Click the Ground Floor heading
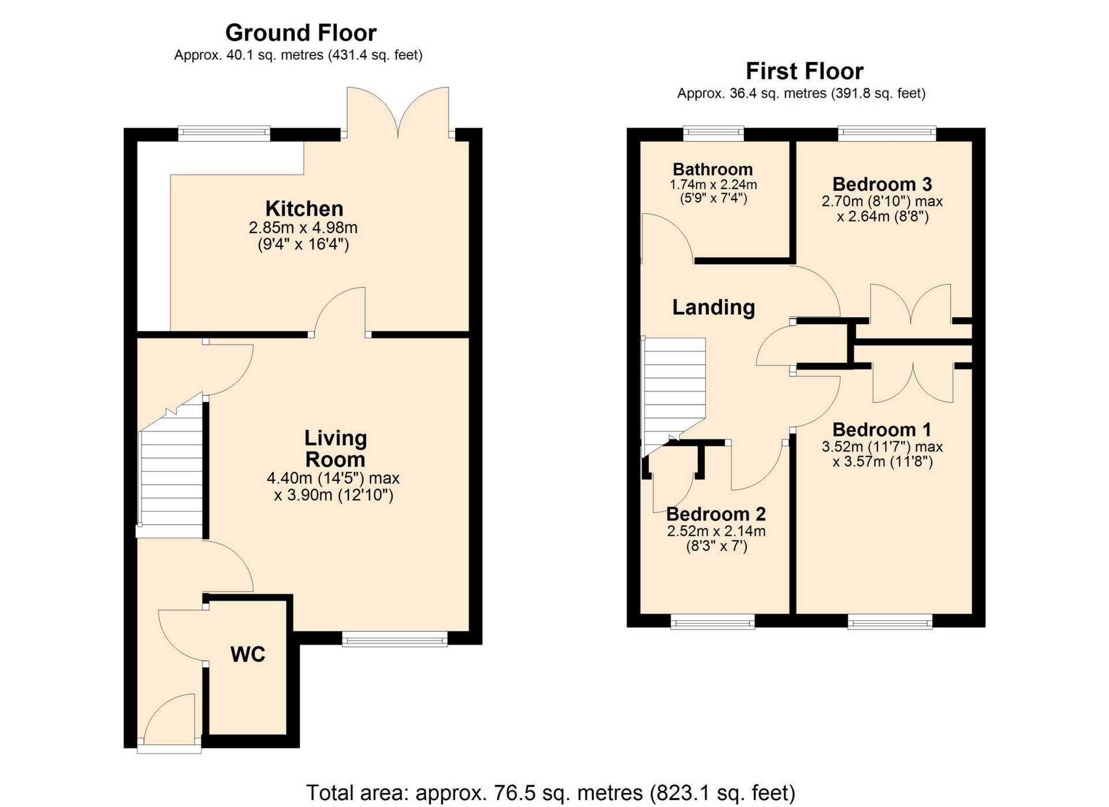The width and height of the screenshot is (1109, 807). click(300, 33)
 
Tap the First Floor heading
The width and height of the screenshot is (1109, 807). click(804, 71)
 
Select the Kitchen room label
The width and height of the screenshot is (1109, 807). click(304, 208)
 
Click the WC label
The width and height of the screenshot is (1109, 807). click(248, 654)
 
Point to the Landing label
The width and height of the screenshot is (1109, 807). click(713, 307)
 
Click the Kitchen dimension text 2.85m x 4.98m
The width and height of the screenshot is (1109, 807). click(303, 227)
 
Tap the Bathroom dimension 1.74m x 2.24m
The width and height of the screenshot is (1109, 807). click(713, 185)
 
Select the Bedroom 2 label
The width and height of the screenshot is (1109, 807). click(716, 514)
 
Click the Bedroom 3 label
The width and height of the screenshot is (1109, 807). click(882, 184)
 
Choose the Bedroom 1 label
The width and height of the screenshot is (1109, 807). click(882, 430)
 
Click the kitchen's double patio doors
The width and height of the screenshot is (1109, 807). click(398, 113)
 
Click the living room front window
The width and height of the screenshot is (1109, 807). click(395, 638)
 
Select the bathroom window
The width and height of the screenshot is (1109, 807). click(713, 134)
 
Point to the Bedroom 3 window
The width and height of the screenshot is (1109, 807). click(887, 134)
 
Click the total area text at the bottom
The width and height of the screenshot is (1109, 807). click(550, 793)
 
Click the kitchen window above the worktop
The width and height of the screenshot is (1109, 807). click(224, 134)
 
